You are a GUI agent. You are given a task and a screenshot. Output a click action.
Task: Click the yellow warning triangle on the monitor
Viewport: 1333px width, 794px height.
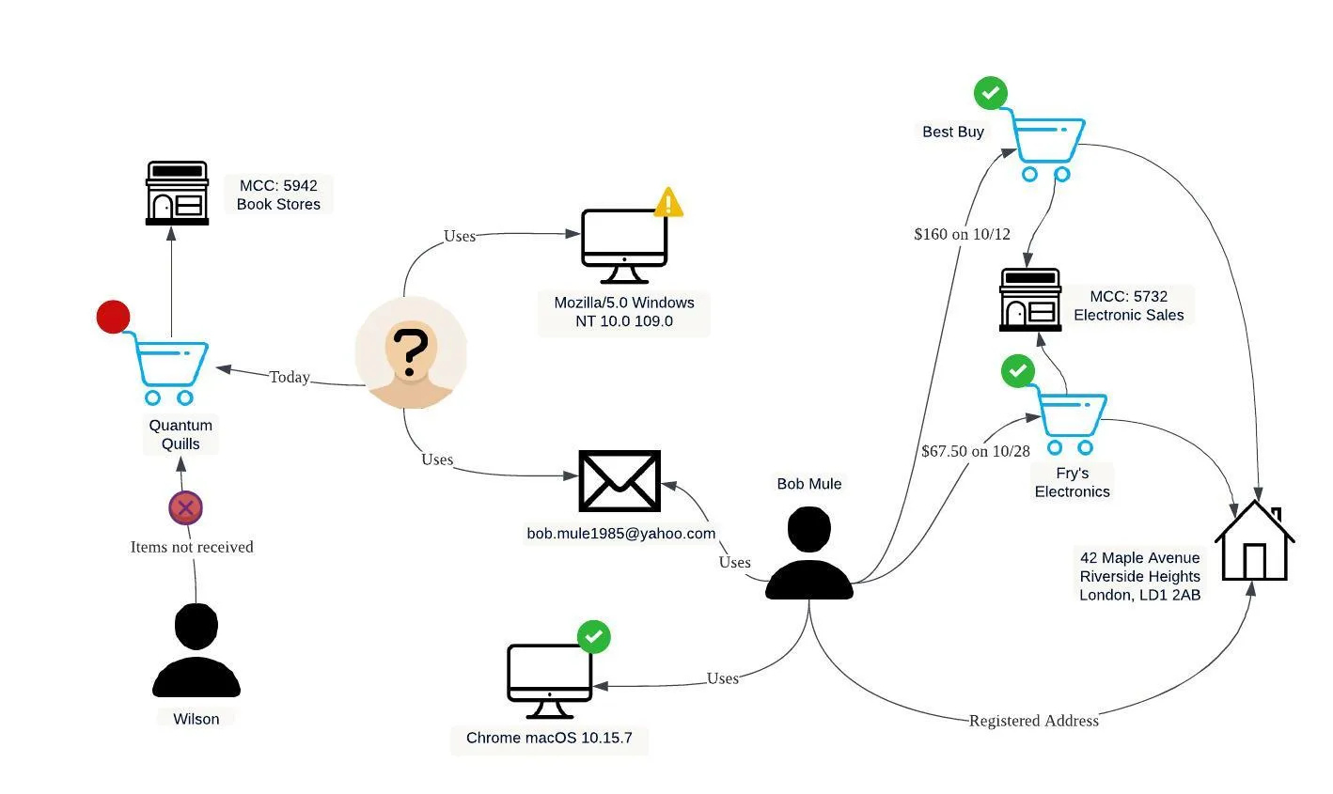point(668,203)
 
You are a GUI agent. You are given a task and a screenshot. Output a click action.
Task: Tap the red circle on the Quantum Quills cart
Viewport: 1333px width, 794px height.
point(113,318)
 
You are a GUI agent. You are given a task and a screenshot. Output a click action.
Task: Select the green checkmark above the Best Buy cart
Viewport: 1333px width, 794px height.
point(990,93)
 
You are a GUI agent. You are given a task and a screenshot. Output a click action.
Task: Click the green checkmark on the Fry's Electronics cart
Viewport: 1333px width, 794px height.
point(1017,371)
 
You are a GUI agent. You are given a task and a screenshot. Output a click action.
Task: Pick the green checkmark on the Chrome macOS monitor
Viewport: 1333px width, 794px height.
point(593,637)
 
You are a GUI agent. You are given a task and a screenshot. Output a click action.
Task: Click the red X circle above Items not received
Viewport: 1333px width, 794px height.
point(186,508)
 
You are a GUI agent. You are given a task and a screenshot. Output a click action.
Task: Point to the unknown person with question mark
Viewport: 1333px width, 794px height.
point(411,353)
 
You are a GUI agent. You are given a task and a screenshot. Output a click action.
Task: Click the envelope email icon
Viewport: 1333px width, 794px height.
point(619,480)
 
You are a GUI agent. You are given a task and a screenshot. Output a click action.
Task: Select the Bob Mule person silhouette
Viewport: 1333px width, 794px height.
point(808,553)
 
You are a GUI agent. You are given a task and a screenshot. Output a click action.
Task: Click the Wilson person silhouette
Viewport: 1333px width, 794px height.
point(196,651)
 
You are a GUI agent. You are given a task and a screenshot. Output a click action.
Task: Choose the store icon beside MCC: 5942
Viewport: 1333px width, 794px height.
point(177,194)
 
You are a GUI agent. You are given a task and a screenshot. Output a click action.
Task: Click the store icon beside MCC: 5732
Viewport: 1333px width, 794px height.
point(1030,301)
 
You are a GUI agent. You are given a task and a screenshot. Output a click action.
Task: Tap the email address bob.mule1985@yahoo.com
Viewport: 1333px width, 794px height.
point(620,534)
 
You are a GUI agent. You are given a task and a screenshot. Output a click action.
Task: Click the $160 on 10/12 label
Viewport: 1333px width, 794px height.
point(962,234)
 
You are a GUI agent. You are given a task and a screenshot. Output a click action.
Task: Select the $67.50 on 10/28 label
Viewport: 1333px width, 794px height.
point(976,451)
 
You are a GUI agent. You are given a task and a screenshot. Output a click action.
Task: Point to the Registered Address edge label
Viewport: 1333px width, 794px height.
point(1033,721)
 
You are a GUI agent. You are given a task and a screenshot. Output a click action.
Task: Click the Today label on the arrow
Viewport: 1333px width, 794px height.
point(290,377)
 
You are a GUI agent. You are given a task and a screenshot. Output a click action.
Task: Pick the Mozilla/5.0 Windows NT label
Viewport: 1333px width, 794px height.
point(624,312)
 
